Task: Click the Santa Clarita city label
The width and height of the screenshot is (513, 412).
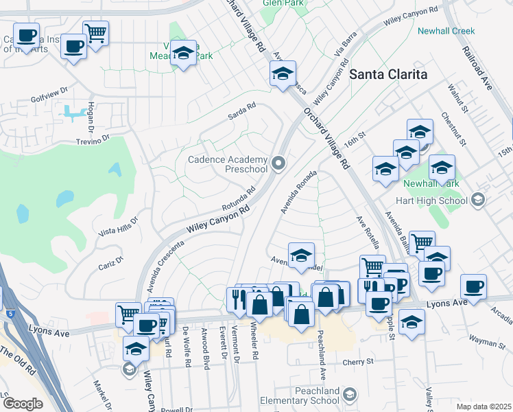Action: pyautogui.click(x=389, y=74)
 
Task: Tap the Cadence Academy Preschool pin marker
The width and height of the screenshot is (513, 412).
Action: pyautogui.click(x=278, y=163)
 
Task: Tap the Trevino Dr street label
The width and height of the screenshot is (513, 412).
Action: pyautogui.click(x=93, y=140)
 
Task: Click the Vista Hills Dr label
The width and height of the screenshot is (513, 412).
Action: pyautogui.click(x=119, y=226)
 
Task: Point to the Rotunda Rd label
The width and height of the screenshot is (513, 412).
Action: pyautogui.click(x=239, y=199)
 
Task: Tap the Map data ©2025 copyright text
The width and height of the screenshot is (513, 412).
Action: pyautogui.click(x=484, y=407)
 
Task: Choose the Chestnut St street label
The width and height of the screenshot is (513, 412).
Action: pyautogui.click(x=453, y=128)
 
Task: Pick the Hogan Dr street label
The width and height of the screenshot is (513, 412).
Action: pyautogui.click(x=91, y=117)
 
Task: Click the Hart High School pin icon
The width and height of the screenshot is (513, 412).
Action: pyautogui.click(x=478, y=201)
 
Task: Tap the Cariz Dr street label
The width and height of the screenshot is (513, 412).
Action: pyautogui.click(x=110, y=262)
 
